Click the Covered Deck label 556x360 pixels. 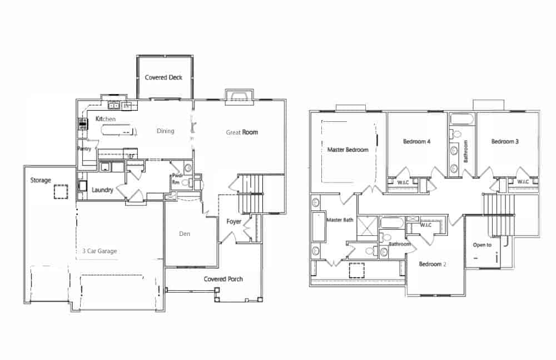click(x=163, y=77)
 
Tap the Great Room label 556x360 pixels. click(x=242, y=132)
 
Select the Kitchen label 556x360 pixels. click(x=105, y=119)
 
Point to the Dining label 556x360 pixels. click(x=165, y=131)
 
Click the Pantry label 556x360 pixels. click(x=85, y=149)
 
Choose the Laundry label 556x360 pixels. click(x=102, y=190)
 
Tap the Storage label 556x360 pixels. click(x=41, y=180)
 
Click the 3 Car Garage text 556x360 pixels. click(x=100, y=251)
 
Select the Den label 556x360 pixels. click(x=185, y=234)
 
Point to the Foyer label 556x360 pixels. click(x=234, y=221)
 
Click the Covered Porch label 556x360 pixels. click(x=223, y=279)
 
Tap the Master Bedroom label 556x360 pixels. click(x=348, y=150)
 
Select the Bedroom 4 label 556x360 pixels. click(x=416, y=141)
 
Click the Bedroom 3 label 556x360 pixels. click(x=505, y=141)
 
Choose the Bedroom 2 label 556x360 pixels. click(x=432, y=264)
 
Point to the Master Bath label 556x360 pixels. click(x=340, y=220)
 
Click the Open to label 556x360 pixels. click(x=482, y=245)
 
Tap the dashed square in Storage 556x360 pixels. click(x=61, y=192)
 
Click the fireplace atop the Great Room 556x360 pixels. click(x=239, y=96)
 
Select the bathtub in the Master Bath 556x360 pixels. click(x=319, y=226)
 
